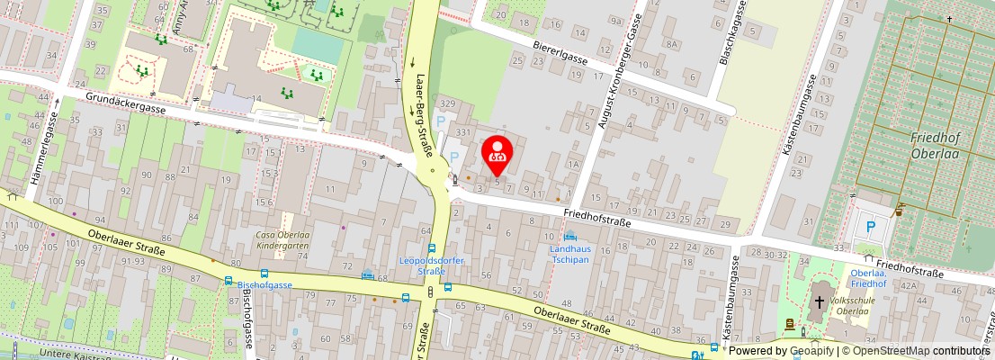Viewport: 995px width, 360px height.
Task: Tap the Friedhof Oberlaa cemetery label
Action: [x=937, y=144]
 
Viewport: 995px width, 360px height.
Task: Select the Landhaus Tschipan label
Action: [x=570, y=253]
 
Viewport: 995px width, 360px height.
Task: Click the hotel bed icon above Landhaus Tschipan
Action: [x=569, y=235]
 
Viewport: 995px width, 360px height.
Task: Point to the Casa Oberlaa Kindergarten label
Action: [x=283, y=239]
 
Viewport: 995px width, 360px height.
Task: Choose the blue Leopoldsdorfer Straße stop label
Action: [x=423, y=265]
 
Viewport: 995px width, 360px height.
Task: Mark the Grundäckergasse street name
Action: [x=127, y=104]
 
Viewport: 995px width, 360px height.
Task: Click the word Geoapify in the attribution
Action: [x=811, y=351]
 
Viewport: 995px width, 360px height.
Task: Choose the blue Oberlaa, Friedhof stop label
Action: [x=868, y=279]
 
